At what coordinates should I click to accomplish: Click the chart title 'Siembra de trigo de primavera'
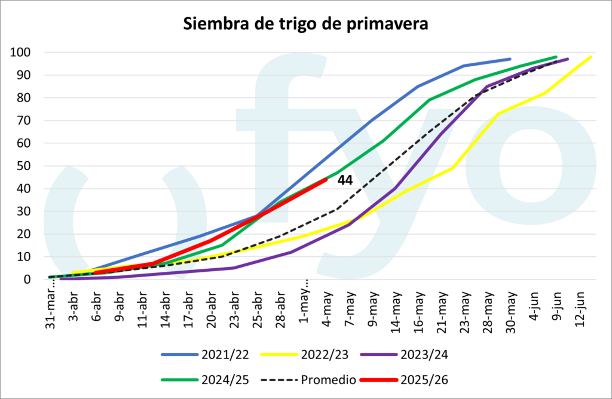[305, 24]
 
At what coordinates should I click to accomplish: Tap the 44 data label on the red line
[345, 180]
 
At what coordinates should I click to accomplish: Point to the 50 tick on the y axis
[23, 166]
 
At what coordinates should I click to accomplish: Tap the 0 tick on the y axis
[27, 279]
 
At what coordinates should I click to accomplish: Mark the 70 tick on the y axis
[23, 121]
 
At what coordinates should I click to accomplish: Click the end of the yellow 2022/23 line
[590, 57]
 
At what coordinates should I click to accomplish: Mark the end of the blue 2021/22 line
[510, 59]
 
